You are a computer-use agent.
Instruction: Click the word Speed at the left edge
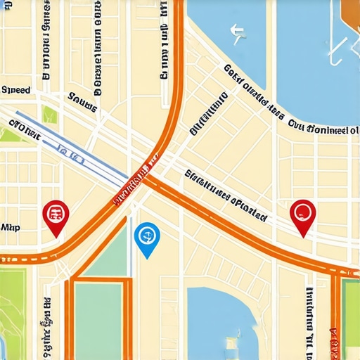[16, 90]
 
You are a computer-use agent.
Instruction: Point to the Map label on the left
[10, 228]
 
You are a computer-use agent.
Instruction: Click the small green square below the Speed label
[49, 115]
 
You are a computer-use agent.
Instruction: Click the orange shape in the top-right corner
[349, 10]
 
